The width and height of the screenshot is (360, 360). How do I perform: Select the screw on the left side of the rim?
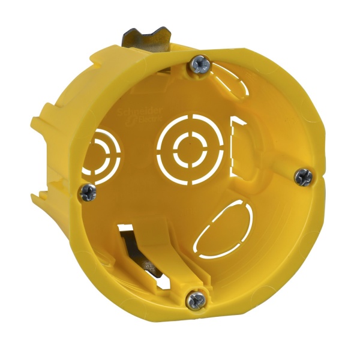[88, 192]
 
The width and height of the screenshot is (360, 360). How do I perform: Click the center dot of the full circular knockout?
[188, 144]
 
